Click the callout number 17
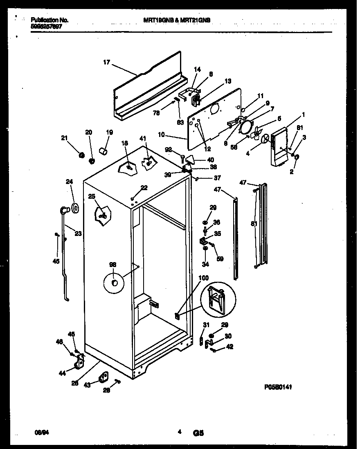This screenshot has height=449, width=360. click(106, 63)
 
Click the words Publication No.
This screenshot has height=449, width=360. click(49, 20)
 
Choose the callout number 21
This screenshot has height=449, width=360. click(64, 138)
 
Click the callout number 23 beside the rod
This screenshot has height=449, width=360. click(78, 233)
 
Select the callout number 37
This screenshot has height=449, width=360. click(217, 178)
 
